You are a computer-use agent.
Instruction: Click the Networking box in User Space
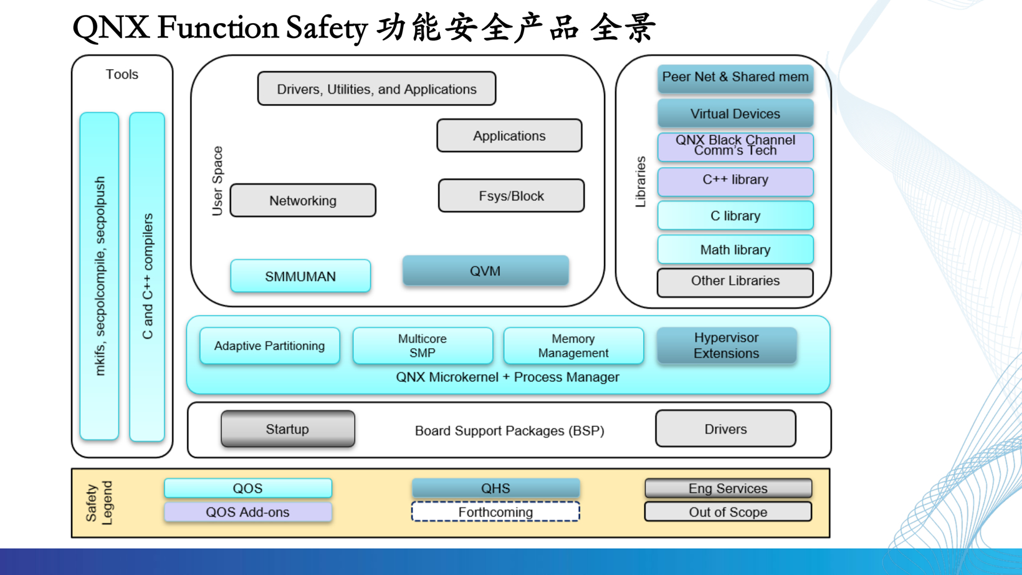(x=303, y=200)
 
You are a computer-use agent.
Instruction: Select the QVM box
(x=485, y=271)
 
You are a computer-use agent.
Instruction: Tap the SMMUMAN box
(x=300, y=276)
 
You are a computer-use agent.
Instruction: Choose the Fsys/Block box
(x=511, y=196)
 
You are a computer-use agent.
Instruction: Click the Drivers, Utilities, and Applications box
(x=376, y=89)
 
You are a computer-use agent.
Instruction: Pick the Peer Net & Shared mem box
(x=735, y=78)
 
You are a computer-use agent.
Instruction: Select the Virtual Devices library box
(x=735, y=114)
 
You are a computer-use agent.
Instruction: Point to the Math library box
(x=735, y=249)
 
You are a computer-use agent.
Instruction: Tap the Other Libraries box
(x=735, y=282)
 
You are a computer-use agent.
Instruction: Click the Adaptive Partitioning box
(x=270, y=345)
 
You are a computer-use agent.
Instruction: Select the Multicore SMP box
(x=423, y=345)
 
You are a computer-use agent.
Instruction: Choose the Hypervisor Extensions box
(x=727, y=345)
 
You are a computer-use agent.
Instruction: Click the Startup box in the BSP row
(x=287, y=429)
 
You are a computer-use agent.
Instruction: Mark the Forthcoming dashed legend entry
(x=495, y=512)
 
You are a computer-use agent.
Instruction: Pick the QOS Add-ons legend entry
(x=248, y=512)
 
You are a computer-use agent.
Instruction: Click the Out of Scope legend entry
(x=728, y=512)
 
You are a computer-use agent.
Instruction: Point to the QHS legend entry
(x=495, y=488)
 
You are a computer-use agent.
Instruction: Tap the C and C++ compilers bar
(x=147, y=277)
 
